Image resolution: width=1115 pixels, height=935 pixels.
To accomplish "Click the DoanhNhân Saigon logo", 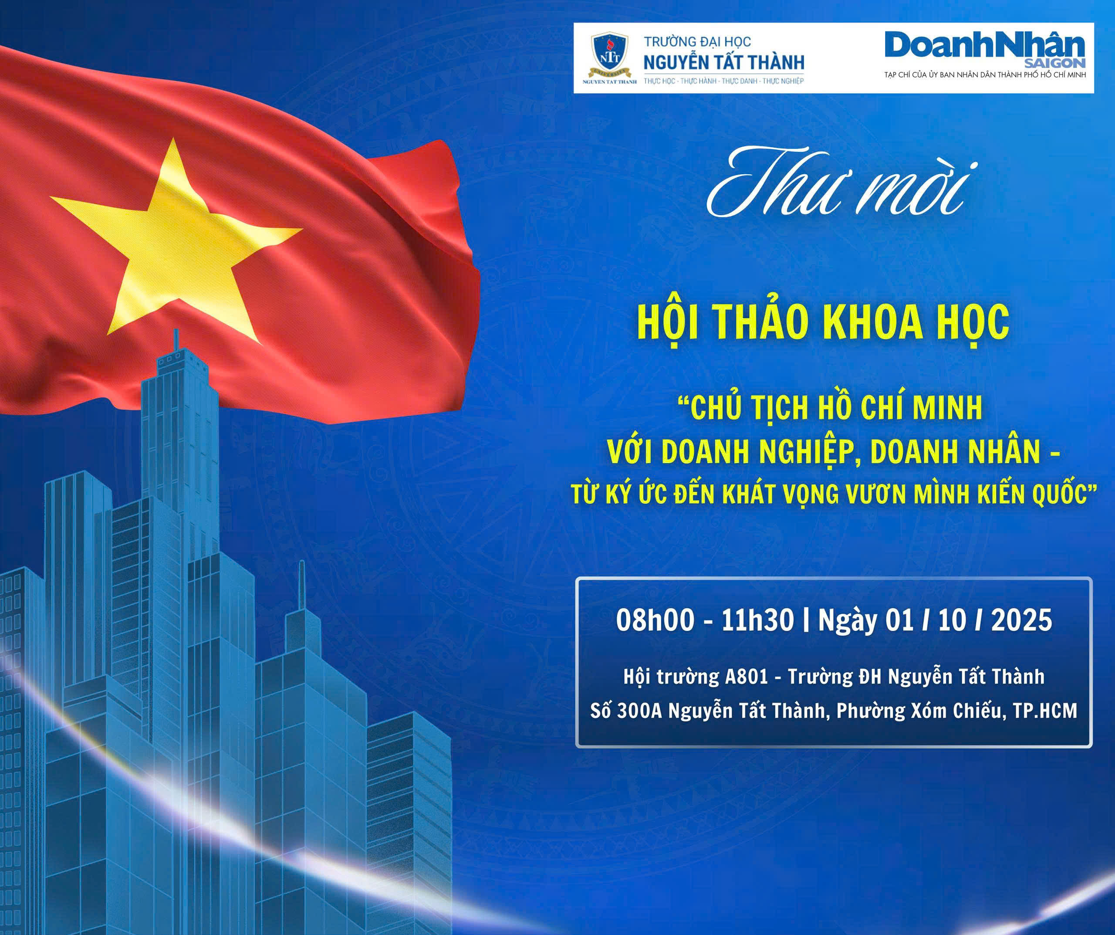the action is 985,51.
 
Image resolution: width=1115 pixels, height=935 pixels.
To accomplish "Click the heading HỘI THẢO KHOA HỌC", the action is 823,322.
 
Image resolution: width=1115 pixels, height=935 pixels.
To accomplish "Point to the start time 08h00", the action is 655,620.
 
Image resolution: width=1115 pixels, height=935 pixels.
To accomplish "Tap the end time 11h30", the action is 758,620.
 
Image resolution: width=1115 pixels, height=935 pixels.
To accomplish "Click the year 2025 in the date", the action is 1021,620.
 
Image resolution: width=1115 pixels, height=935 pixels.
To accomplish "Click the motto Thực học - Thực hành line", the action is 724,81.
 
